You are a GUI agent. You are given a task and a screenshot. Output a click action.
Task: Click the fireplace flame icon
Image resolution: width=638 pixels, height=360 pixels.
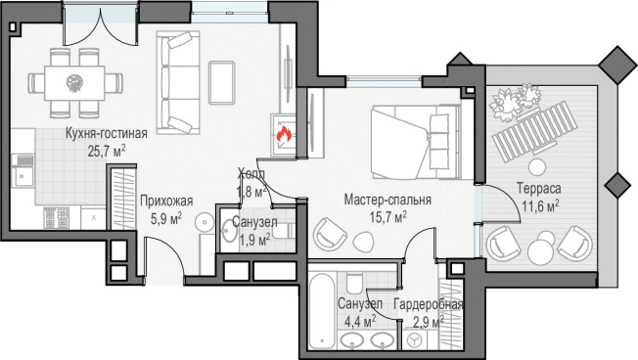[284, 134]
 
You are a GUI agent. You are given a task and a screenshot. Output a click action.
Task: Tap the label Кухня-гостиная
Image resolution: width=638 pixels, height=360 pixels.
[107, 133]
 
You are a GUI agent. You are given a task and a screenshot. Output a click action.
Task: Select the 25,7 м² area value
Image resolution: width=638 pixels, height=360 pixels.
[107, 152]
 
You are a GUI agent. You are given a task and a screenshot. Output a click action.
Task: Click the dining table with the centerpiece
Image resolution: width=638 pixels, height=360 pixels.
[75, 83]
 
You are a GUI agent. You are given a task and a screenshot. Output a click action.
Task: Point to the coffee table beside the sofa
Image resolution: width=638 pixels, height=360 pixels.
[222, 82]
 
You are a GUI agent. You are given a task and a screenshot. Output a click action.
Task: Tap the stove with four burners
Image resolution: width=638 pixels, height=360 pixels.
[57, 218]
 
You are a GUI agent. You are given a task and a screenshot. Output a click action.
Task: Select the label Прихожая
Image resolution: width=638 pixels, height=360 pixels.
[166, 201]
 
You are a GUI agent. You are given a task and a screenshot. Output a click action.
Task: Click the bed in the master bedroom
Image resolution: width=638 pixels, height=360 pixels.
[416, 142]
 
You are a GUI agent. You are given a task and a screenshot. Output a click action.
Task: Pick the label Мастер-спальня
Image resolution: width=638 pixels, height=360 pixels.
[387, 200]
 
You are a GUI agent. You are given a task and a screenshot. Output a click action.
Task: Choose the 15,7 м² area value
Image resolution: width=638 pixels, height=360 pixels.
[388, 217]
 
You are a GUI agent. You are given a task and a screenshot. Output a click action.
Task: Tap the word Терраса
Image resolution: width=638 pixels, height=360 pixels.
[539, 189]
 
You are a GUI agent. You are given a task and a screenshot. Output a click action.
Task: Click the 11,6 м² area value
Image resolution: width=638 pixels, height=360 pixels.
[540, 206]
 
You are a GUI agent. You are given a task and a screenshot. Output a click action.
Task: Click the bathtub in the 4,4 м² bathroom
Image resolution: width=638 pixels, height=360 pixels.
[321, 310]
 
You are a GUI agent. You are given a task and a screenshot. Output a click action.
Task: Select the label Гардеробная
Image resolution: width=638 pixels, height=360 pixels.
[429, 304]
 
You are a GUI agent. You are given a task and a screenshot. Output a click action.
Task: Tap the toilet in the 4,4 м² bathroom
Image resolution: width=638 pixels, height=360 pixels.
[353, 283]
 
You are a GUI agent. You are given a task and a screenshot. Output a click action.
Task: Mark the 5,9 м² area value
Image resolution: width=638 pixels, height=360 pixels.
[166, 219]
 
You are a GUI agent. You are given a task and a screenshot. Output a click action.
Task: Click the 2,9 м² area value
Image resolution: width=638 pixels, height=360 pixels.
[429, 322]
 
